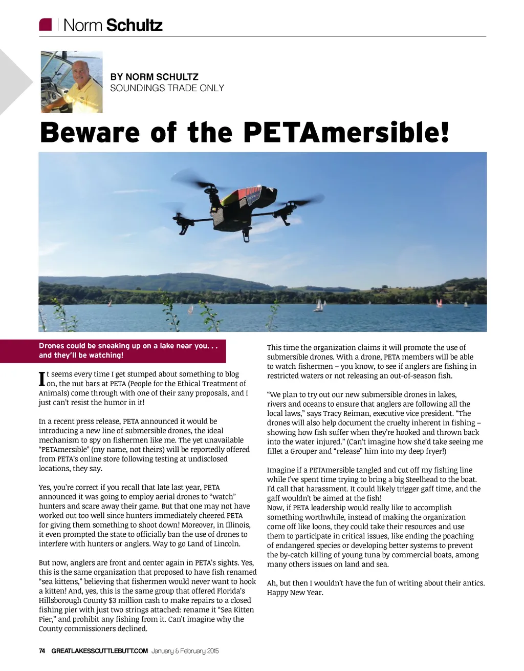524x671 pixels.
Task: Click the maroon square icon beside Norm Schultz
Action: (46, 25)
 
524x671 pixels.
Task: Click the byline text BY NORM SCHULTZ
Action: (155, 77)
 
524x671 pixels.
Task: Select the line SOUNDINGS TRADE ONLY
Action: (167, 88)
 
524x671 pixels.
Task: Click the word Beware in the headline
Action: (90, 132)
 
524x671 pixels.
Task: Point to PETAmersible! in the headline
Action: (346, 132)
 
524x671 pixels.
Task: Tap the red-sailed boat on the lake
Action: (439, 303)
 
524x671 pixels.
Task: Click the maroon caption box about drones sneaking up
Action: (132, 350)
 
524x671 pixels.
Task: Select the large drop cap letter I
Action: (42, 379)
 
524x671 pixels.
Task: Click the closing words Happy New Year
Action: (295, 593)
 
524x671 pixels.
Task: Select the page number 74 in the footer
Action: (42, 651)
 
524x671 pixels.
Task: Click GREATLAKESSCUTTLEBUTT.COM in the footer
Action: (99, 651)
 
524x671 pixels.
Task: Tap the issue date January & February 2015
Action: (185, 651)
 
